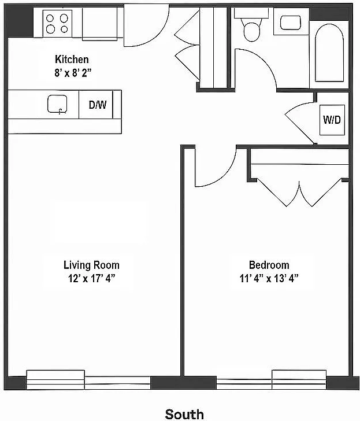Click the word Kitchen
[72, 60]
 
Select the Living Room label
[91, 265]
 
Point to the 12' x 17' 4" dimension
[91, 278]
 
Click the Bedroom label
[269, 265]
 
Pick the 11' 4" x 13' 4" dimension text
[269, 278]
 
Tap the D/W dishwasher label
[98, 105]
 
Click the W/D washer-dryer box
[332, 120]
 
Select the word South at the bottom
[184, 414]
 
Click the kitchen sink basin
[57, 104]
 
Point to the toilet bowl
[251, 31]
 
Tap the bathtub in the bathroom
[329, 53]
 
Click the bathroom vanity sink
[291, 23]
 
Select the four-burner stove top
[57, 24]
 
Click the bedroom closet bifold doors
[299, 193]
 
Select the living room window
[88, 380]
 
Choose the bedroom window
[271, 379]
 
